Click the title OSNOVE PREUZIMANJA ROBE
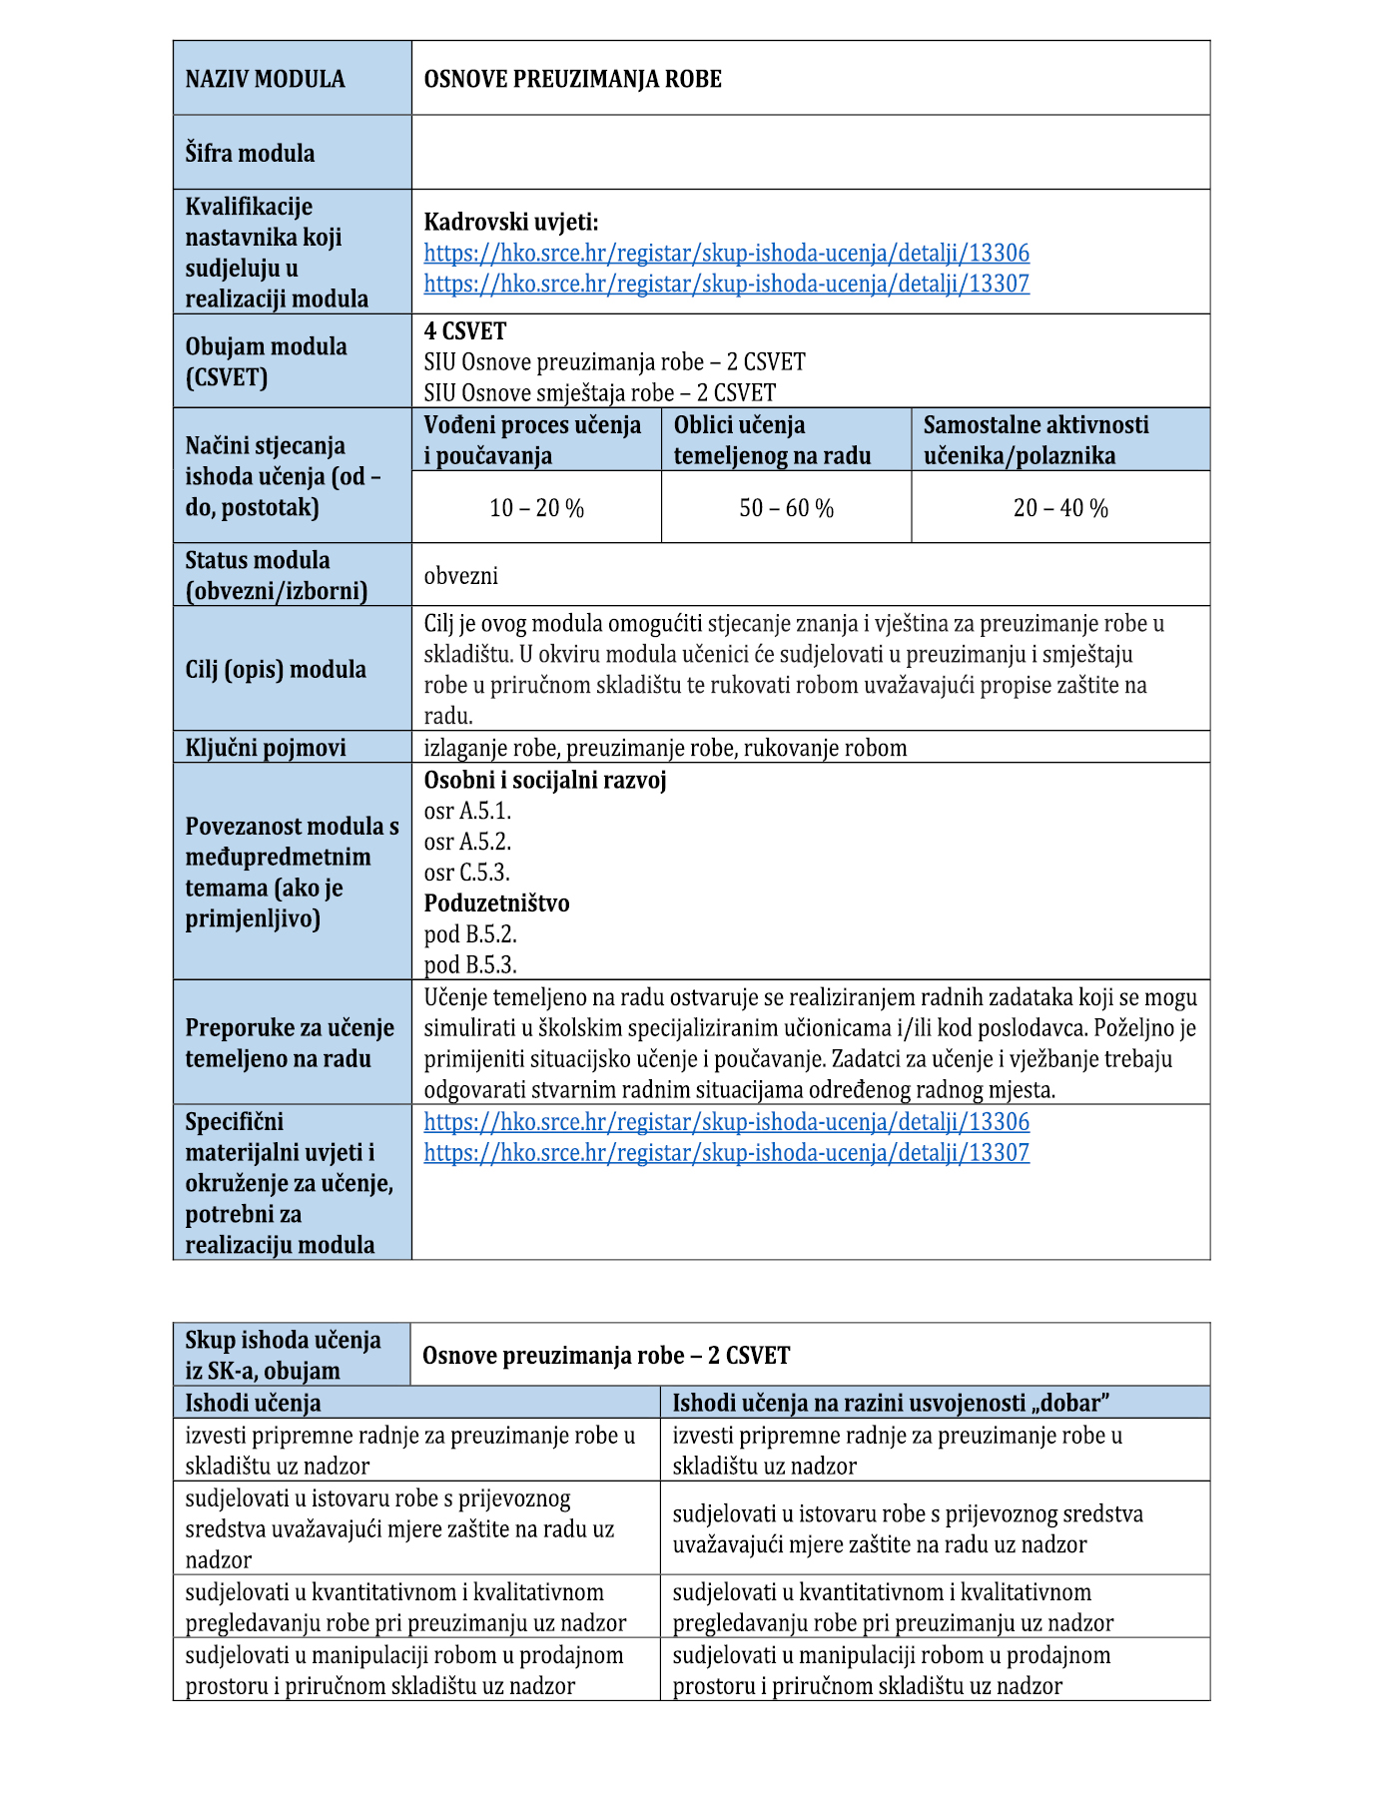[x=572, y=79]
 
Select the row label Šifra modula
[x=250, y=154]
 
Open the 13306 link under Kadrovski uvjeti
[x=726, y=254]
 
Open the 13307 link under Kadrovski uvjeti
[x=726, y=285]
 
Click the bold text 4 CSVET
[x=465, y=331]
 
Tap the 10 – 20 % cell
[x=536, y=508]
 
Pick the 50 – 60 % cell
[x=786, y=508]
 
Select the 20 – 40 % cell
[x=1060, y=508]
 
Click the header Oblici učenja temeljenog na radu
[x=772, y=440]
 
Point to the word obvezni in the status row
[x=460, y=576]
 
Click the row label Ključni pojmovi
[x=266, y=748]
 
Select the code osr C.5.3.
[x=466, y=873]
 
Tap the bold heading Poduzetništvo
[x=496, y=903]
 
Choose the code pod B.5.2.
[x=470, y=934]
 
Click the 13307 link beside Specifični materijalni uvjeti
[x=726, y=1153]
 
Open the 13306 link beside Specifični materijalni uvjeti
[x=726, y=1122]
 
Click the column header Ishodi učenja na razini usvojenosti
[x=891, y=1403]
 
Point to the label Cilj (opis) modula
[x=276, y=669]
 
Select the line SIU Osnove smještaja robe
[x=599, y=393]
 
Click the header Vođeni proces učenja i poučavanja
[x=532, y=440]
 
